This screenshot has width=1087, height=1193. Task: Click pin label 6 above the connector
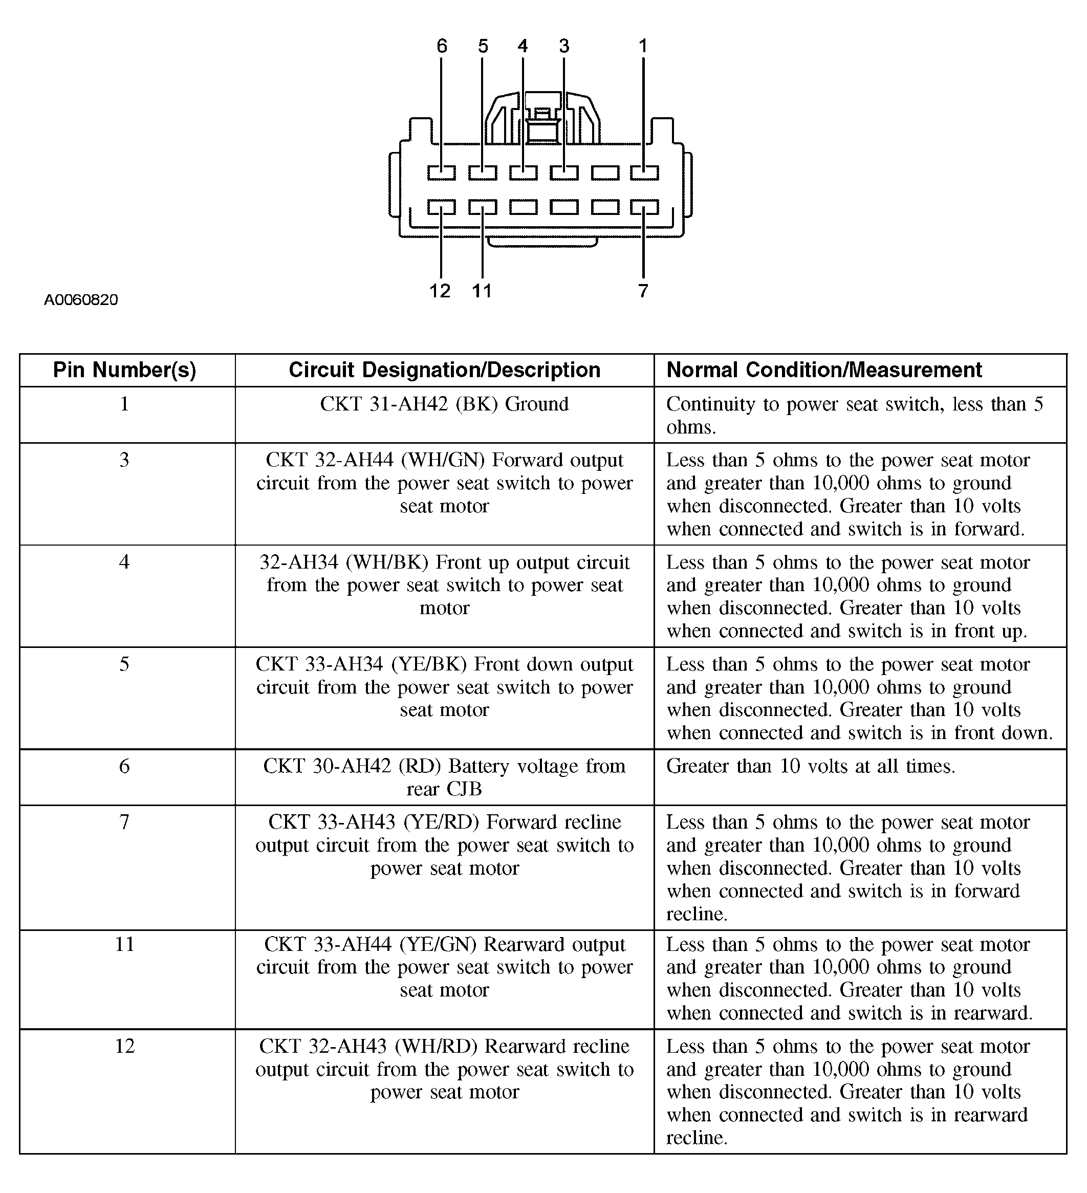[x=442, y=46]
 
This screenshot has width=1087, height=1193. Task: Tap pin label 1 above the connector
[x=643, y=46]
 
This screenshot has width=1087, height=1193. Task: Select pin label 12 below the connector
[x=440, y=291]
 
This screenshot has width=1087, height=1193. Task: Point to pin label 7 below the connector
[x=643, y=291]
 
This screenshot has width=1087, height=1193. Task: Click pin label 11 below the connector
[x=482, y=291]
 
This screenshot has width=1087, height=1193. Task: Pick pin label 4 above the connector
[x=523, y=46]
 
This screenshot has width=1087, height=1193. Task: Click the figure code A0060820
[x=81, y=300]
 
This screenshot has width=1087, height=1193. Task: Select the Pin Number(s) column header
[x=124, y=370]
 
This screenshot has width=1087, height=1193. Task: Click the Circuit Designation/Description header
[x=444, y=370]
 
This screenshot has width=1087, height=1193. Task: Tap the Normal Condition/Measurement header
[x=823, y=370]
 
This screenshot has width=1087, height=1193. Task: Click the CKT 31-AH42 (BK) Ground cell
[x=444, y=404]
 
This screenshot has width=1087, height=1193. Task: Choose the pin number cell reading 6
[x=124, y=766]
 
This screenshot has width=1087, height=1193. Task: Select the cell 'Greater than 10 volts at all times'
[x=810, y=766]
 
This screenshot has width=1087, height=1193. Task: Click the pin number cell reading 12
[x=124, y=1046]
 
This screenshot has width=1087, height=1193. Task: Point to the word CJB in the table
[x=465, y=789]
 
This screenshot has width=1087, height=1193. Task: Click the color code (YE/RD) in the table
[x=442, y=822]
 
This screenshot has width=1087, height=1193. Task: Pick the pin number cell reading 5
[x=124, y=664]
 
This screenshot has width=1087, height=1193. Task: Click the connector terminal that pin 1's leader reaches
[x=644, y=173]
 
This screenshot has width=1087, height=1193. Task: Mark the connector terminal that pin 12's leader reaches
[x=442, y=207]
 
